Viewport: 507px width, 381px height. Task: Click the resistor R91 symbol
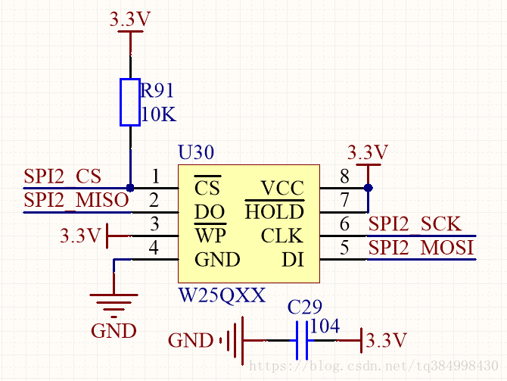pos(130,101)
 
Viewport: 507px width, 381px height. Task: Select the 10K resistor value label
pos(158,115)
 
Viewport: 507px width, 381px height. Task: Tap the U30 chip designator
pos(196,152)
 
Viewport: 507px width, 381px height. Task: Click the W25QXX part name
pos(222,295)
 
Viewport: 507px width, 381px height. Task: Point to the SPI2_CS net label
pos(62,176)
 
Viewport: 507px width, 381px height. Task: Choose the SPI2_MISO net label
pos(76,201)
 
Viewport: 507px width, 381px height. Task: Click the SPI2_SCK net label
pos(414,224)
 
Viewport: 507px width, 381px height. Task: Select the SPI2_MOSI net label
pos(421,248)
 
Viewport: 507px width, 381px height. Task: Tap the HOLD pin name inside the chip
pos(274,211)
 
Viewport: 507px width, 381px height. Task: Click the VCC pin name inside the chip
pos(281,188)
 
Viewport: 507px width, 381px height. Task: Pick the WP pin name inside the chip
pos(210,235)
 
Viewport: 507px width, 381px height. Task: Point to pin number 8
pos(344,177)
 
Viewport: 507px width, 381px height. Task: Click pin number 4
pos(154,248)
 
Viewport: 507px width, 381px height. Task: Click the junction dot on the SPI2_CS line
pos(130,188)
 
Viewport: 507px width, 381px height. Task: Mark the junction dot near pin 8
pos(369,188)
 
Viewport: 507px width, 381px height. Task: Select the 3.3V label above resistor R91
pos(130,20)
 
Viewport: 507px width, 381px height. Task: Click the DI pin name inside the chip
pos(292,260)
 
